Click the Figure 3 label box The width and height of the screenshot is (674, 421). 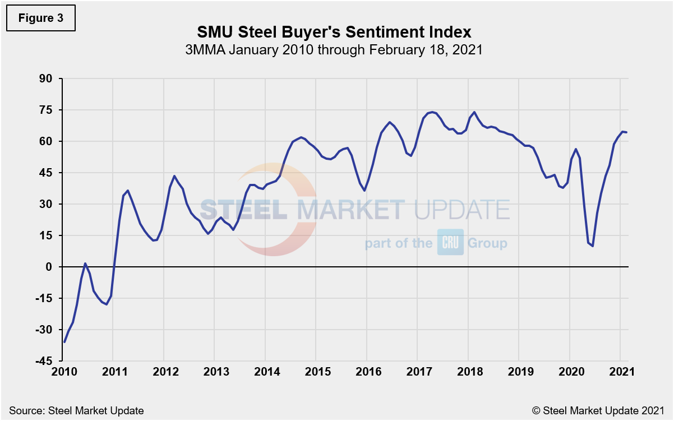pyautogui.click(x=40, y=18)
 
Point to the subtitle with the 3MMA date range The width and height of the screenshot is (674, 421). pyautogui.click(x=334, y=49)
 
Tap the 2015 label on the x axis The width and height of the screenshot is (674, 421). pyautogui.click(x=316, y=373)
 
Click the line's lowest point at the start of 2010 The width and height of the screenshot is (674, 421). pyautogui.click(x=64, y=342)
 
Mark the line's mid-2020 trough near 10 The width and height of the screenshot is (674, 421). pyautogui.click(x=593, y=246)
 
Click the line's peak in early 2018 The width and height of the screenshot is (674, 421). pyautogui.click(x=474, y=112)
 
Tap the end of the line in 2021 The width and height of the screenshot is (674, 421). pyautogui.click(x=626, y=132)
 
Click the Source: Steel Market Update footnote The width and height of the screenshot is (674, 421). pyautogui.click(x=76, y=411)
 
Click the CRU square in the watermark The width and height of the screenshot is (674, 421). pyautogui.click(x=450, y=242)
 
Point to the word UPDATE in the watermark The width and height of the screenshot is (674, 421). pyautogui.click(x=461, y=209)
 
